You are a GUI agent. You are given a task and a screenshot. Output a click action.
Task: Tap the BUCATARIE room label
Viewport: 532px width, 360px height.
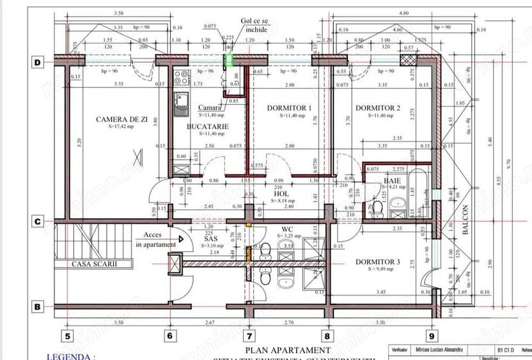pyautogui.click(x=208, y=127)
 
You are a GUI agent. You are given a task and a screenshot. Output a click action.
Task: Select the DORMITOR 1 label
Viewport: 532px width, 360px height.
pyautogui.click(x=289, y=108)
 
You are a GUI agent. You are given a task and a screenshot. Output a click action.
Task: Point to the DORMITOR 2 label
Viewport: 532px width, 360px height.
pyautogui.click(x=377, y=108)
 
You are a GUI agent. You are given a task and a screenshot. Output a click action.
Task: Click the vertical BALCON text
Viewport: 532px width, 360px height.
pyautogui.click(x=465, y=221)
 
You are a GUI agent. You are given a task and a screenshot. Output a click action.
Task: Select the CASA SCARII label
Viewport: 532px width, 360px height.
pyautogui.click(x=94, y=263)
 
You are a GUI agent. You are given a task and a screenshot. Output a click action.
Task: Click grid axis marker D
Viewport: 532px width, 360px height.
pyautogui.click(x=38, y=63)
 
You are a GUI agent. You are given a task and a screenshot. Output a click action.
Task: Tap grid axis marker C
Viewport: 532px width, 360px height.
pyautogui.click(x=38, y=222)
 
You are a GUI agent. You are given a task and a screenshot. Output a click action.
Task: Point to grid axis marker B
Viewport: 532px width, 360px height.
pyautogui.click(x=38, y=307)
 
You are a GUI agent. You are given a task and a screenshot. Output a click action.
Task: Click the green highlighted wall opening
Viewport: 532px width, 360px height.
pyautogui.click(x=228, y=60)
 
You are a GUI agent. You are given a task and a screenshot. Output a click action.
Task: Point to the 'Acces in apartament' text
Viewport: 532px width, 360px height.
pyautogui.click(x=157, y=239)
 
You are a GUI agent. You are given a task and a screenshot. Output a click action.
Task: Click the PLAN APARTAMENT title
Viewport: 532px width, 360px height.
pyautogui.click(x=288, y=350)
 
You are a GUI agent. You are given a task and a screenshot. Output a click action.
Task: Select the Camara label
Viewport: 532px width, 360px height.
pyautogui.click(x=210, y=107)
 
